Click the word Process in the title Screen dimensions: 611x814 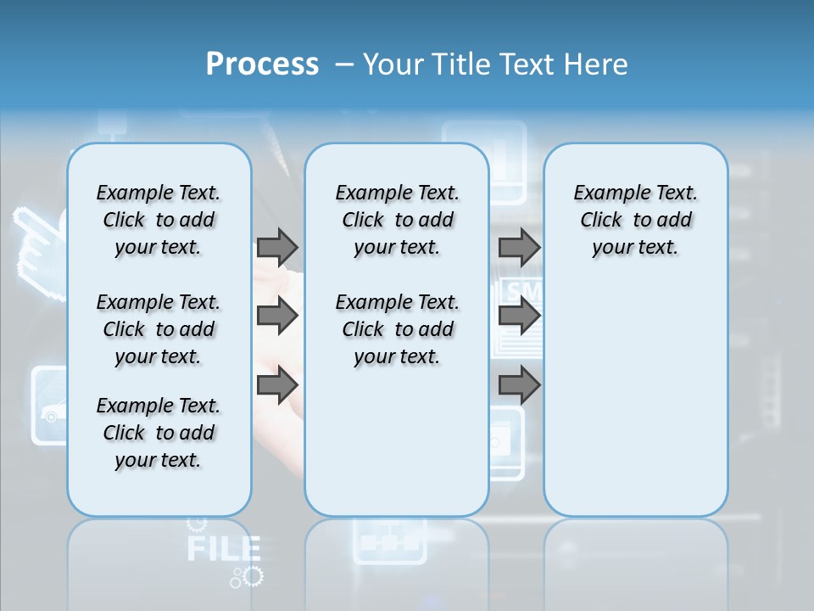point(262,64)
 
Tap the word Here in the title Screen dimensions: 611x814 point(594,64)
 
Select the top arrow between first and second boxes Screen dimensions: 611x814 point(277,247)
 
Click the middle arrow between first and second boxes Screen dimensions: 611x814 point(277,316)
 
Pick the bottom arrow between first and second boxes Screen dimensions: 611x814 point(277,386)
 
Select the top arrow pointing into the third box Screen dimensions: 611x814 point(519,247)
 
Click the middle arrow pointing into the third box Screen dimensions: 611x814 point(519,316)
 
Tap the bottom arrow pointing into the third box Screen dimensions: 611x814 point(519,386)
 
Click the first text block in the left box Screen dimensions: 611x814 point(159,220)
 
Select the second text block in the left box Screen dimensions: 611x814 point(159,329)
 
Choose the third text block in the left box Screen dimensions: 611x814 point(159,433)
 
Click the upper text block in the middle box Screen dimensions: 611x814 point(397,220)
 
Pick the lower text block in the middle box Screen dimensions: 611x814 point(397,329)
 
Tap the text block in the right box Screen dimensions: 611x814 point(635,220)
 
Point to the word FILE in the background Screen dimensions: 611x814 point(223,548)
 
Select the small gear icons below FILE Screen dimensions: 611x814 point(248,577)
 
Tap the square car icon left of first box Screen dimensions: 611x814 point(49,406)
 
